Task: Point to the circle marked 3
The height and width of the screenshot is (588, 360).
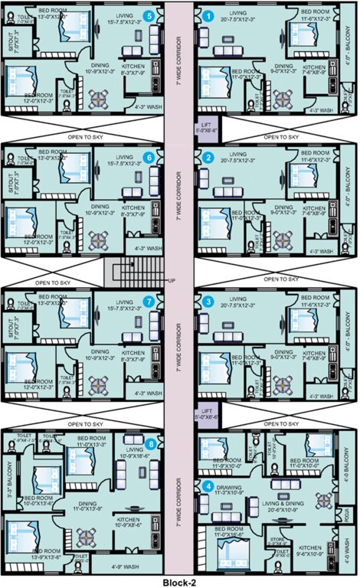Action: (x=208, y=302)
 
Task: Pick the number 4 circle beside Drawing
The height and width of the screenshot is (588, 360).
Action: (x=208, y=485)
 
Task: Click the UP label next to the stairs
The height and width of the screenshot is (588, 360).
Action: (x=173, y=281)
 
